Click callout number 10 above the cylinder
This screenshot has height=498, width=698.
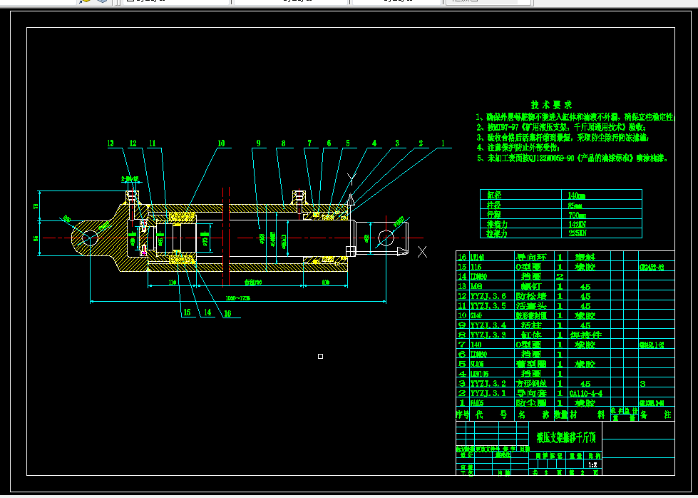[x=221, y=143]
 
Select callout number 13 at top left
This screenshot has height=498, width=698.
[x=111, y=143]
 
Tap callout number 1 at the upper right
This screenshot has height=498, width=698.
[x=442, y=143]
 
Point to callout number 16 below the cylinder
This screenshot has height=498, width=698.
[x=227, y=312]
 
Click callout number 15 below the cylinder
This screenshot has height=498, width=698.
[x=187, y=312]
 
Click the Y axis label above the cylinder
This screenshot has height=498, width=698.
[x=350, y=177]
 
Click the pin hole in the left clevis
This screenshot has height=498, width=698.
[x=89, y=238]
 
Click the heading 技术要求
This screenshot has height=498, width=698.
[x=551, y=105]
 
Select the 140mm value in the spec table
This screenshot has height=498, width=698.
[x=576, y=195]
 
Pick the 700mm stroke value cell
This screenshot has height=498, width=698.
[x=577, y=214]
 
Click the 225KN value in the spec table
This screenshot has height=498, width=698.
[x=578, y=233]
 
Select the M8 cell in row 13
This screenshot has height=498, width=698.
[x=478, y=285]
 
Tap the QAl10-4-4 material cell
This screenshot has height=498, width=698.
[x=586, y=393]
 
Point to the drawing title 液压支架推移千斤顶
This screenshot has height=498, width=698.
[x=568, y=437]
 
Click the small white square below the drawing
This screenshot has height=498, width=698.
[x=320, y=356]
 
